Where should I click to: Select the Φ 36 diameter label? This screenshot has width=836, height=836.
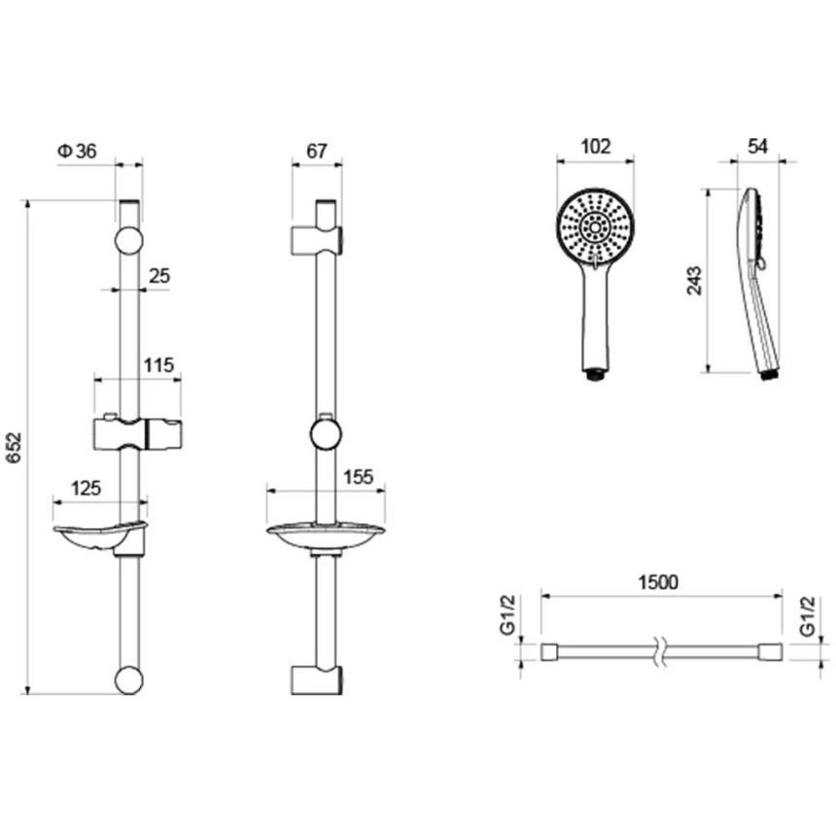click(x=78, y=152)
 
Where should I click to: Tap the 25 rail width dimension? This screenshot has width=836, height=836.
click(x=158, y=276)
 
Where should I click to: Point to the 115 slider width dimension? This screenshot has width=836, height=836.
click(x=158, y=366)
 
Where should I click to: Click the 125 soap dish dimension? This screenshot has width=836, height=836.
click(x=86, y=488)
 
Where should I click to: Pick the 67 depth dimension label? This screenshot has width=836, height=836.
click(x=316, y=152)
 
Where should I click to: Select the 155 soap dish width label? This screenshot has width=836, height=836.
click(x=359, y=476)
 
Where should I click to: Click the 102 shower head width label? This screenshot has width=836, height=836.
click(x=596, y=146)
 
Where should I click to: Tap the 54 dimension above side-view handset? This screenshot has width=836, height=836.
click(x=757, y=146)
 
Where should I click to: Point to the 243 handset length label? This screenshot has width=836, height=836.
click(x=695, y=280)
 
